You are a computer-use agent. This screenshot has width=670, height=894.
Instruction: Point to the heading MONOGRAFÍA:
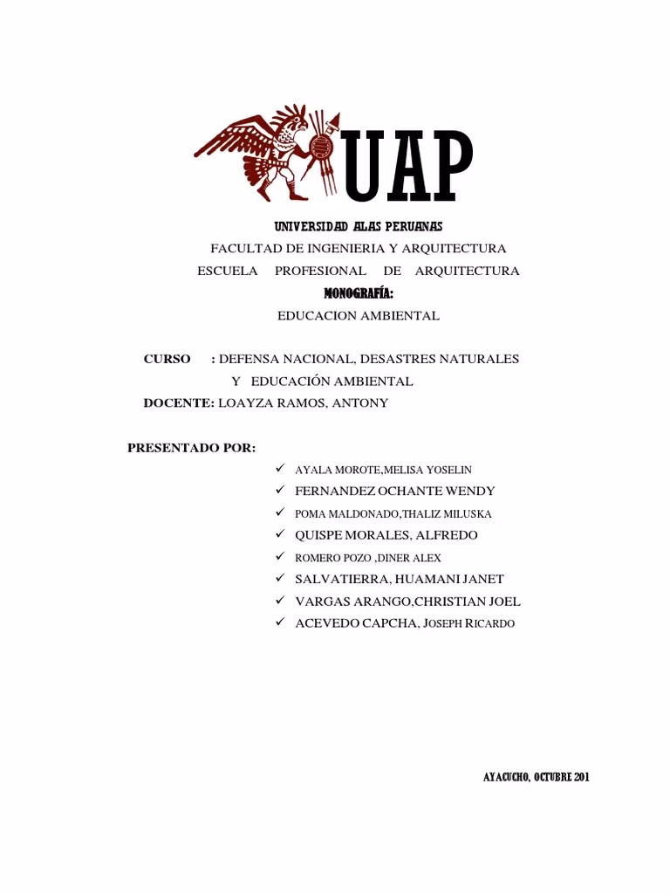pyautogui.click(x=359, y=293)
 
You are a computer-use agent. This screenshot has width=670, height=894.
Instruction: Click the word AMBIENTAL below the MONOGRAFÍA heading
pyautogui.click(x=399, y=316)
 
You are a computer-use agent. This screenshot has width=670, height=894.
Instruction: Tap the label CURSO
pyautogui.click(x=167, y=359)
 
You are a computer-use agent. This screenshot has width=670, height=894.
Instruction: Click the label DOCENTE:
pyautogui.click(x=179, y=402)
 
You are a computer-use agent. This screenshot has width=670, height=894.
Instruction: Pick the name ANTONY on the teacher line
pyautogui.click(x=361, y=402)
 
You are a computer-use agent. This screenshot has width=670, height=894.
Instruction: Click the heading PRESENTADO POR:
pyautogui.click(x=191, y=448)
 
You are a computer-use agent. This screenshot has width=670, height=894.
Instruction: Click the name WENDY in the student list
pyautogui.click(x=471, y=491)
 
